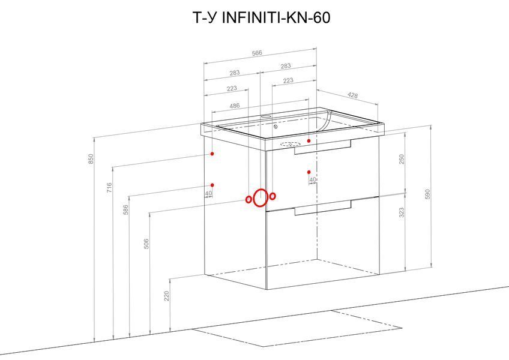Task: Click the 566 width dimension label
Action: [x=257, y=53]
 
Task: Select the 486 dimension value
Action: [x=234, y=106]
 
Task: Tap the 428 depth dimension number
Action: [x=352, y=95]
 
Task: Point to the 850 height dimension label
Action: [x=91, y=159]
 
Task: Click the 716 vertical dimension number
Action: [x=109, y=188]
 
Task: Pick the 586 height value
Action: [x=126, y=210]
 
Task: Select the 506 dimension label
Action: [x=146, y=244]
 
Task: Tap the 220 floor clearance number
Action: [x=166, y=296]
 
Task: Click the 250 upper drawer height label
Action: [x=402, y=160]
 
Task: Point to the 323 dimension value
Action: [x=402, y=212]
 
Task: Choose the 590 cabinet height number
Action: [x=427, y=194]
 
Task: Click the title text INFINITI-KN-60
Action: [x=276, y=17]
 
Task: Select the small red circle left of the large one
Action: [x=248, y=199]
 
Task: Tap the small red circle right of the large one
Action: [x=273, y=196]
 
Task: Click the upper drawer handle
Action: [x=323, y=148]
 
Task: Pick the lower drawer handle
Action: [x=323, y=208]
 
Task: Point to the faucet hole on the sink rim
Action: [x=266, y=116]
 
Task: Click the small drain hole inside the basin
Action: [x=276, y=127]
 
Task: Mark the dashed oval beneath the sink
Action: [x=290, y=144]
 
